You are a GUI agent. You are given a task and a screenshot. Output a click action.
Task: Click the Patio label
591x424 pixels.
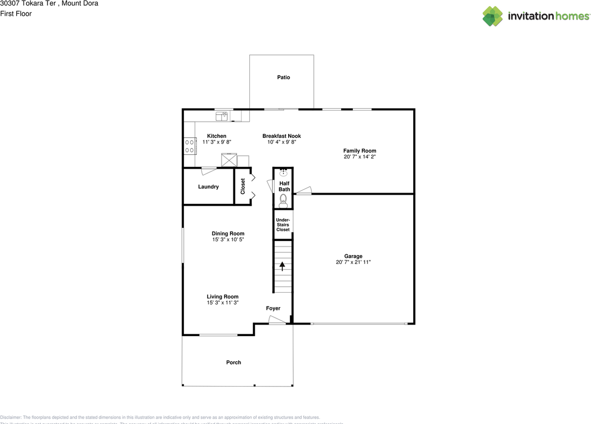283,77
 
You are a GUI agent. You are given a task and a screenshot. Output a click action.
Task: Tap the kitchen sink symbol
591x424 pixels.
222,116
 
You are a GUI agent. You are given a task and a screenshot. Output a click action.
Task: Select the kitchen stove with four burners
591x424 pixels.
189,146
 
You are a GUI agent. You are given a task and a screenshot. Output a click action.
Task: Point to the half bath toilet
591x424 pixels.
283,200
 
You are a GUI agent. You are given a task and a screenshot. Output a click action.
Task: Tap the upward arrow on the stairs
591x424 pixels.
283,266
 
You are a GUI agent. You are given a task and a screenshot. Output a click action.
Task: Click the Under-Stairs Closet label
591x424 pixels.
283,225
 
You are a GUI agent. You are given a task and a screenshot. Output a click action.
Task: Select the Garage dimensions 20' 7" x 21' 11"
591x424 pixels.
353,262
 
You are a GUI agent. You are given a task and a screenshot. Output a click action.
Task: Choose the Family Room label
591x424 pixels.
359,151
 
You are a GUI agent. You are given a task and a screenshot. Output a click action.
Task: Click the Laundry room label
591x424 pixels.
208,187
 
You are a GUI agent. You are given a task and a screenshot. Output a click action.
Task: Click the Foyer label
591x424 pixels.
273,308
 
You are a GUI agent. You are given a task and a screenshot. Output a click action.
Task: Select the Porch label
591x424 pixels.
234,363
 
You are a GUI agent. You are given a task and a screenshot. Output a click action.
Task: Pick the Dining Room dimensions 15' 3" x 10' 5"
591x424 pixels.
228,240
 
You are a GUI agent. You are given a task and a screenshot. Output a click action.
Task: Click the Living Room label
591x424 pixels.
223,297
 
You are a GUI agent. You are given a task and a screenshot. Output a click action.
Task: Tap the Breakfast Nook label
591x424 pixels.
282,136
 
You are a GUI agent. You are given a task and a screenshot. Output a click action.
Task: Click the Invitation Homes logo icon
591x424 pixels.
493,16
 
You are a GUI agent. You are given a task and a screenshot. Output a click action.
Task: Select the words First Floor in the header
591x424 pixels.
16,14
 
